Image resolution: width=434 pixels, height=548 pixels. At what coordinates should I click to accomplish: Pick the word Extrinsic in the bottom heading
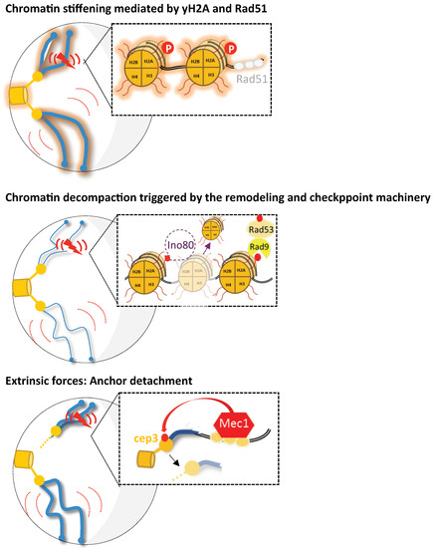pyautogui.click(x=33, y=381)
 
